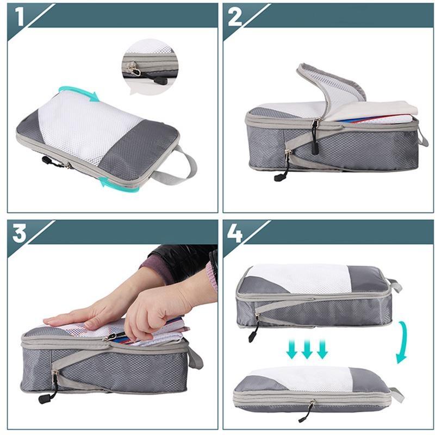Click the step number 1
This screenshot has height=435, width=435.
click(20, 16)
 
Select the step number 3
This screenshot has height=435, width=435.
click(20, 233)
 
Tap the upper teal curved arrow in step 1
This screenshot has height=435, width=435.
click(79, 92)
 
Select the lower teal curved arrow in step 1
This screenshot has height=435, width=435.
click(120, 182)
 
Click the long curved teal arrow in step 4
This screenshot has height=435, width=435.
click(402, 343)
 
